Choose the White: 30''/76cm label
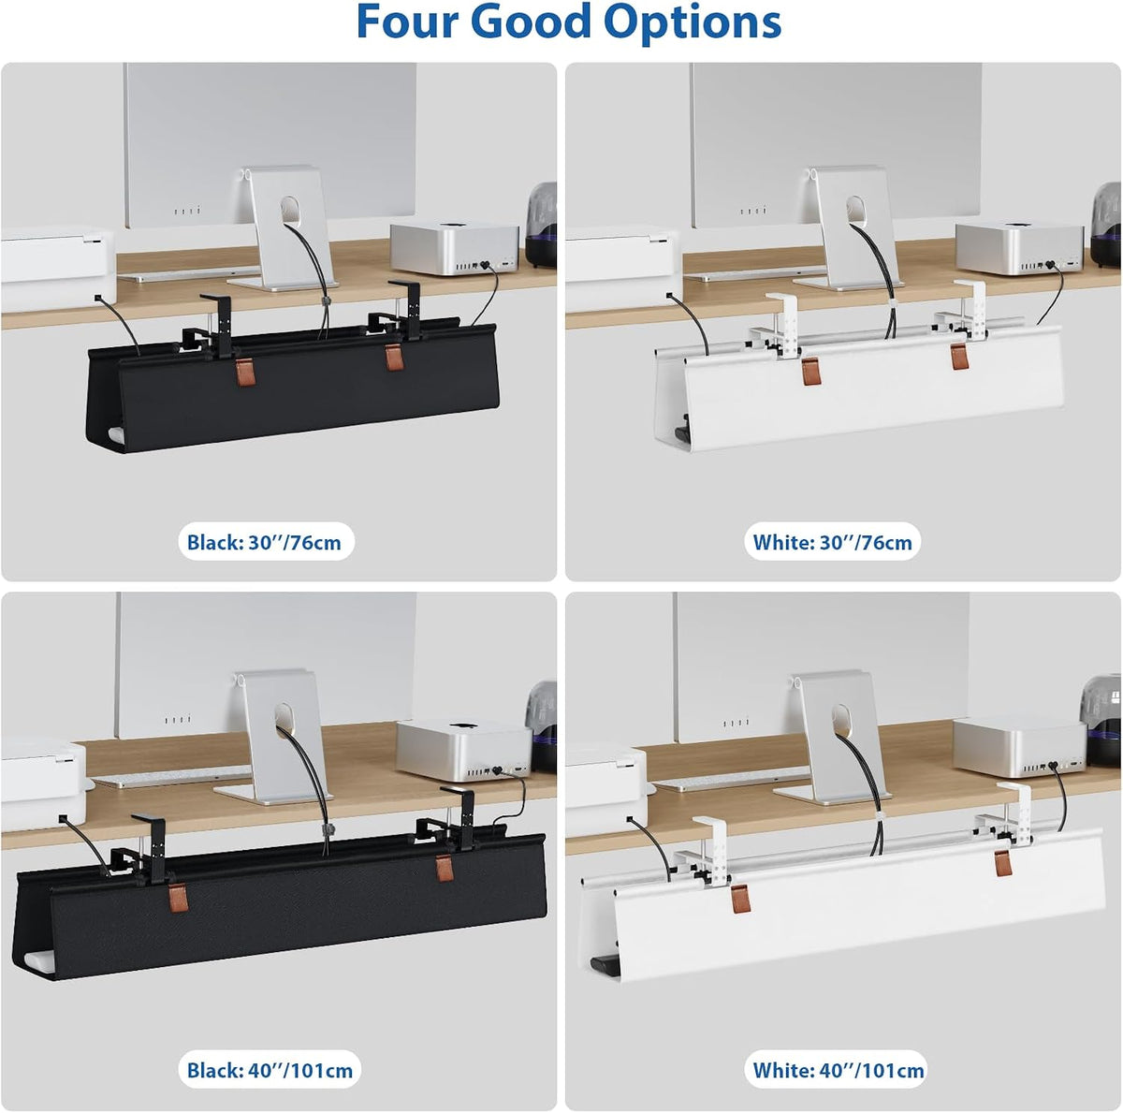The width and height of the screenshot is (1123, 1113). [x=832, y=542]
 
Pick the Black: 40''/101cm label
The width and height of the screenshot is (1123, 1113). [x=270, y=1070]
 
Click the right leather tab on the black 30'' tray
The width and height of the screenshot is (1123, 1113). [x=394, y=357]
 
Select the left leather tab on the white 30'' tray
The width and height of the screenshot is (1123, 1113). [x=810, y=372]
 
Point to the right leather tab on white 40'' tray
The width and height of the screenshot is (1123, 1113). [x=1003, y=862]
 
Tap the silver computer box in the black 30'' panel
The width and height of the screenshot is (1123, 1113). [x=455, y=249]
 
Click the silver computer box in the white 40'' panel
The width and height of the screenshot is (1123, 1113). [x=1020, y=747]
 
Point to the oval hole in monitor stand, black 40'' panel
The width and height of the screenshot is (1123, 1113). [x=284, y=716]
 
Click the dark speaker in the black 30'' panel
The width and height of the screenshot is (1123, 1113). [x=541, y=225]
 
